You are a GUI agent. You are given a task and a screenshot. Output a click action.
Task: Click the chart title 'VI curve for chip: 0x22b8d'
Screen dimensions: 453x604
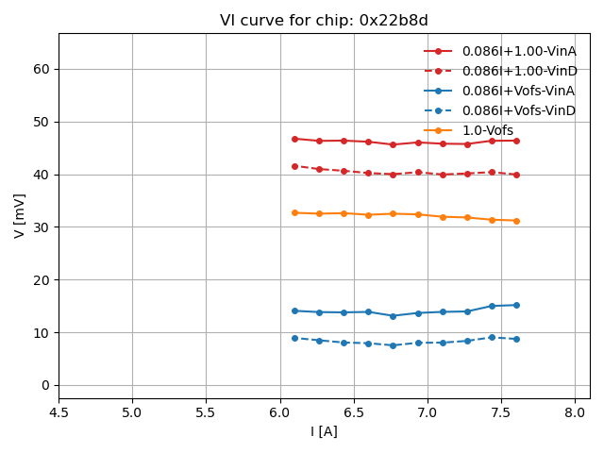coord(324,21)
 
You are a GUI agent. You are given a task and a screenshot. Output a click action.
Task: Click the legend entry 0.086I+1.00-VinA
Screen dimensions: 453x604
coord(518,51)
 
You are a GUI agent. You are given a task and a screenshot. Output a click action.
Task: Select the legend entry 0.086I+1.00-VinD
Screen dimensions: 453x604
coord(518,71)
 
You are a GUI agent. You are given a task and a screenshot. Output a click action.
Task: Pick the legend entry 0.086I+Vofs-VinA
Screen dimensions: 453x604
coord(518,91)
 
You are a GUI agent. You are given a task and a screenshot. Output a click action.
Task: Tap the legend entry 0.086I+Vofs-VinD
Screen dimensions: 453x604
coord(518,110)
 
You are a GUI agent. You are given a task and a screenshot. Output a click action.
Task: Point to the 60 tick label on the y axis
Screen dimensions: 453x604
coord(42,69)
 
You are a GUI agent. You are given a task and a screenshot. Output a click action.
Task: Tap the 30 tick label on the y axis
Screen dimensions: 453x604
coord(42,227)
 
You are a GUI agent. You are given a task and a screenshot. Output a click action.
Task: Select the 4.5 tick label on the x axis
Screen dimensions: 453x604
coord(59,412)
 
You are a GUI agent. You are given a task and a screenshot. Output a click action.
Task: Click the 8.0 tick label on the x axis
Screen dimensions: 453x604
coord(575,412)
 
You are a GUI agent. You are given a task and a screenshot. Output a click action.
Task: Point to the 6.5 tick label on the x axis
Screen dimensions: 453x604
coord(353,412)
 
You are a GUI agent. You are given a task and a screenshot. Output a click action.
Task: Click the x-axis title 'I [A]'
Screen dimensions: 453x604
coord(324,431)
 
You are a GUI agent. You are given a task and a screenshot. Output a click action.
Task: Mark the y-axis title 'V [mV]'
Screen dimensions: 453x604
coord(20,215)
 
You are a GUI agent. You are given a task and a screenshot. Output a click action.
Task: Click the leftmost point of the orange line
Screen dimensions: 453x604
coord(294,212)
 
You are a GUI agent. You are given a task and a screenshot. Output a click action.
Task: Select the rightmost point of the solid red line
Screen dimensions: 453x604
coord(516,141)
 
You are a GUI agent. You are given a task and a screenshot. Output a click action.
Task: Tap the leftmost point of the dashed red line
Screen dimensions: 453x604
coord(294,166)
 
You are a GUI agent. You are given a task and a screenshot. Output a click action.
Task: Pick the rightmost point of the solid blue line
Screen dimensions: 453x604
coord(516,305)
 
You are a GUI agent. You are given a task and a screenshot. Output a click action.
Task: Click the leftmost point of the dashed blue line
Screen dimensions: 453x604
coord(294,338)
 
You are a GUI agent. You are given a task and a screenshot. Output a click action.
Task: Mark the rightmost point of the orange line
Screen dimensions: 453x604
coord(516,221)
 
